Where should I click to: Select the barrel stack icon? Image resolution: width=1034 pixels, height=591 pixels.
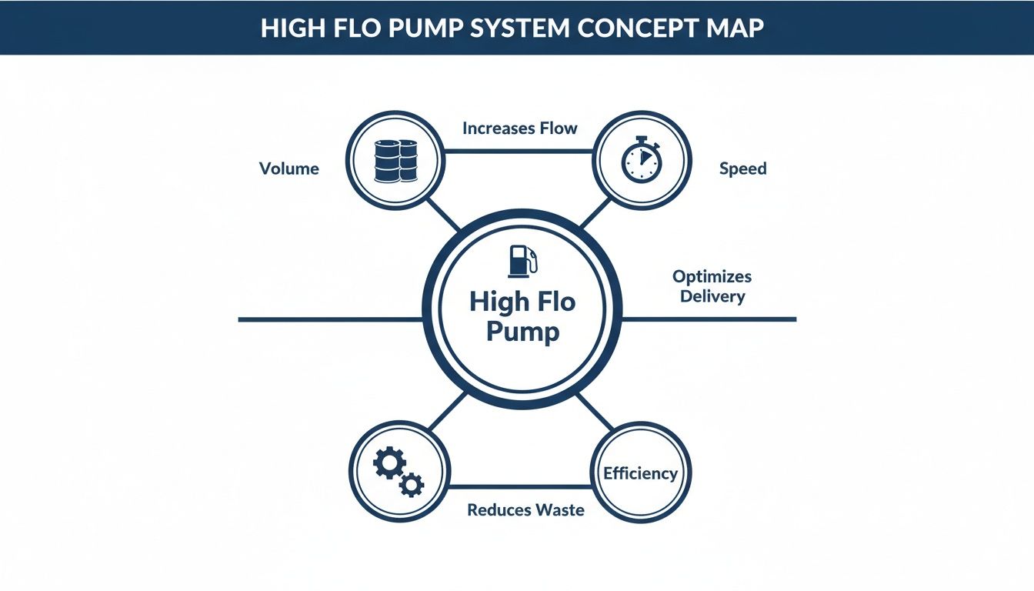(394, 160)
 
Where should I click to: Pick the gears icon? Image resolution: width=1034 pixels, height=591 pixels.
(398, 472)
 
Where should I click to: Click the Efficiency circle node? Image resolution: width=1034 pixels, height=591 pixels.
(640, 472)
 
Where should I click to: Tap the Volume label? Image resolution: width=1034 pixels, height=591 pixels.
(289, 169)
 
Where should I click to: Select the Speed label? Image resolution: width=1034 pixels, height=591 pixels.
(742, 169)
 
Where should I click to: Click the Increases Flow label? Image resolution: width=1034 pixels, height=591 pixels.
(519, 129)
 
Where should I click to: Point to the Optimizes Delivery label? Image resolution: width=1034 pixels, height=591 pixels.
(712, 285)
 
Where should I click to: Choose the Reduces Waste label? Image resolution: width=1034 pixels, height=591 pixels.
(525, 509)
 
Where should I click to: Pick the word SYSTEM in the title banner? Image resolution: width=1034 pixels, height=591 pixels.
(514, 28)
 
